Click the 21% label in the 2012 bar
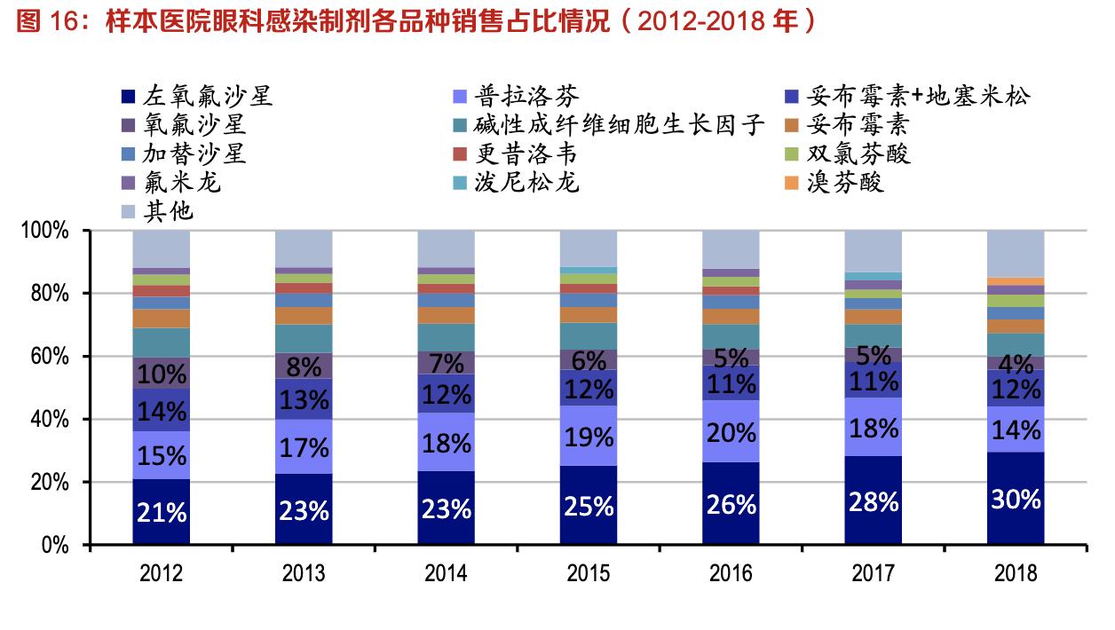point(162,513)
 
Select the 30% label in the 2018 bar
point(1016,500)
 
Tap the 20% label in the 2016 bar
point(731,431)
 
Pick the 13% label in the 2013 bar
point(304,400)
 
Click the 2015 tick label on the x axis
point(589,573)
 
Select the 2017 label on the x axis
point(873,573)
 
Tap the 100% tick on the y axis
point(45,231)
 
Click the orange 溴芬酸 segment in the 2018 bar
point(1016,281)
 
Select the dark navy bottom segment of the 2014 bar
point(446,508)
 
